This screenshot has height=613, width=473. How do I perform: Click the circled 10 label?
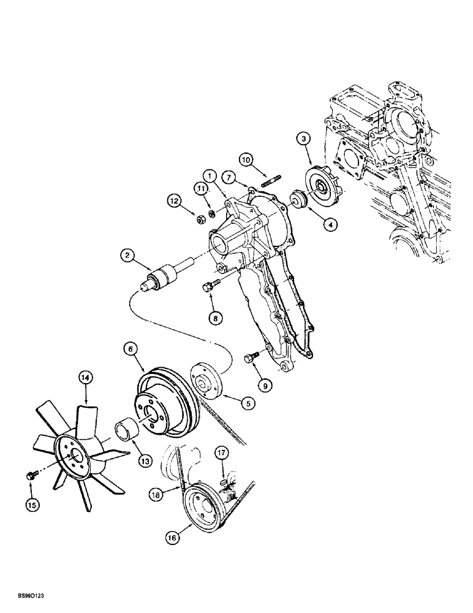(246, 161)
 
